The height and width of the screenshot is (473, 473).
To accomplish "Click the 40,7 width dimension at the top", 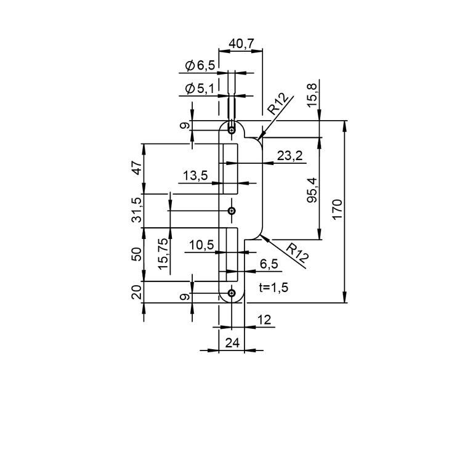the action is pos(241,44).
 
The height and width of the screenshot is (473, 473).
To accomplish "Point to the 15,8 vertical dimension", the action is pos(312,95).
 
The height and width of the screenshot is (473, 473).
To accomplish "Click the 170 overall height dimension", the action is pos(338,209).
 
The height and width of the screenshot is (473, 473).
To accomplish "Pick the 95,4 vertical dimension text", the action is pos(312,190).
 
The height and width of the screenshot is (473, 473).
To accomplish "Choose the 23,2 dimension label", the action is pos(289,156).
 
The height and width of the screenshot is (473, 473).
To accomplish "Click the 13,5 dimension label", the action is pos(195,176).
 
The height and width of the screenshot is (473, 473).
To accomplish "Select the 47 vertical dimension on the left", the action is pos(137,168).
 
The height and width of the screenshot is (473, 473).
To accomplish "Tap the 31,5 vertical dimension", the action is pos(137,210).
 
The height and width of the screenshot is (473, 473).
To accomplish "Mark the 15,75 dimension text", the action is pos(163,254).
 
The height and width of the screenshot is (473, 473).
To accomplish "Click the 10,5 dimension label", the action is pos(201,245).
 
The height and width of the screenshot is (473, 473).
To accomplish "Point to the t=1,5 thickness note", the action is pos(273,288).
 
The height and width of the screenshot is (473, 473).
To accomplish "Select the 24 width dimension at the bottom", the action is pos(232,343).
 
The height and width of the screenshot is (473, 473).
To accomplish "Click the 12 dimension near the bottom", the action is pos(264,320).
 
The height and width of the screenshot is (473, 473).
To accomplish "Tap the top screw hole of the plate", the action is pos(232,131).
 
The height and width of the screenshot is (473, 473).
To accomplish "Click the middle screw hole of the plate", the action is pos(232,211).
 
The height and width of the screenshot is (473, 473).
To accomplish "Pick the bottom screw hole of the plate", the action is pos(232,293).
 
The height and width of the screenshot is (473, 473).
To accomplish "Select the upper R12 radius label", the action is pos(278,104).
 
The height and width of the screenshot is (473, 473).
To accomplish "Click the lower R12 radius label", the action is pos(297,252).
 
